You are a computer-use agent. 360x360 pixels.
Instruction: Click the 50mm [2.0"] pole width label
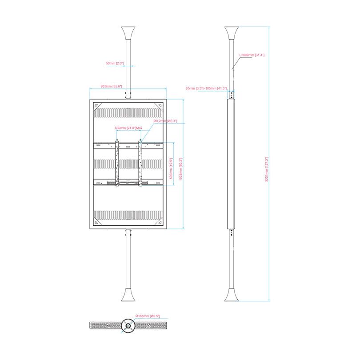tap(115, 64)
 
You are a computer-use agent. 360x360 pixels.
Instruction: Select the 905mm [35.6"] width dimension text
tap(111, 86)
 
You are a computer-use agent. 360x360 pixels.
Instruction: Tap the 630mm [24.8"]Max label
tap(128, 128)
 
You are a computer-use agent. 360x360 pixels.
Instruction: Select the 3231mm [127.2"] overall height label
tap(267, 169)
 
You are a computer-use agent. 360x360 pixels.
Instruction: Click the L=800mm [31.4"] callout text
tap(252, 55)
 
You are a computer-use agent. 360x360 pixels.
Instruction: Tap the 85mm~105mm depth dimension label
tap(206, 88)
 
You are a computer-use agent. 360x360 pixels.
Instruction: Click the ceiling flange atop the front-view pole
tap(128, 33)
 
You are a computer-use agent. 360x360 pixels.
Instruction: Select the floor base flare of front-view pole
tap(128, 296)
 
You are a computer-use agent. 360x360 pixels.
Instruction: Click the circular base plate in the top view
tap(128, 326)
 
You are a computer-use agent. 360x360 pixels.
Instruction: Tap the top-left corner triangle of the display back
tap(97, 104)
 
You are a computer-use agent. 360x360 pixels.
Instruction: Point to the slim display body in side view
tap(231, 164)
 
